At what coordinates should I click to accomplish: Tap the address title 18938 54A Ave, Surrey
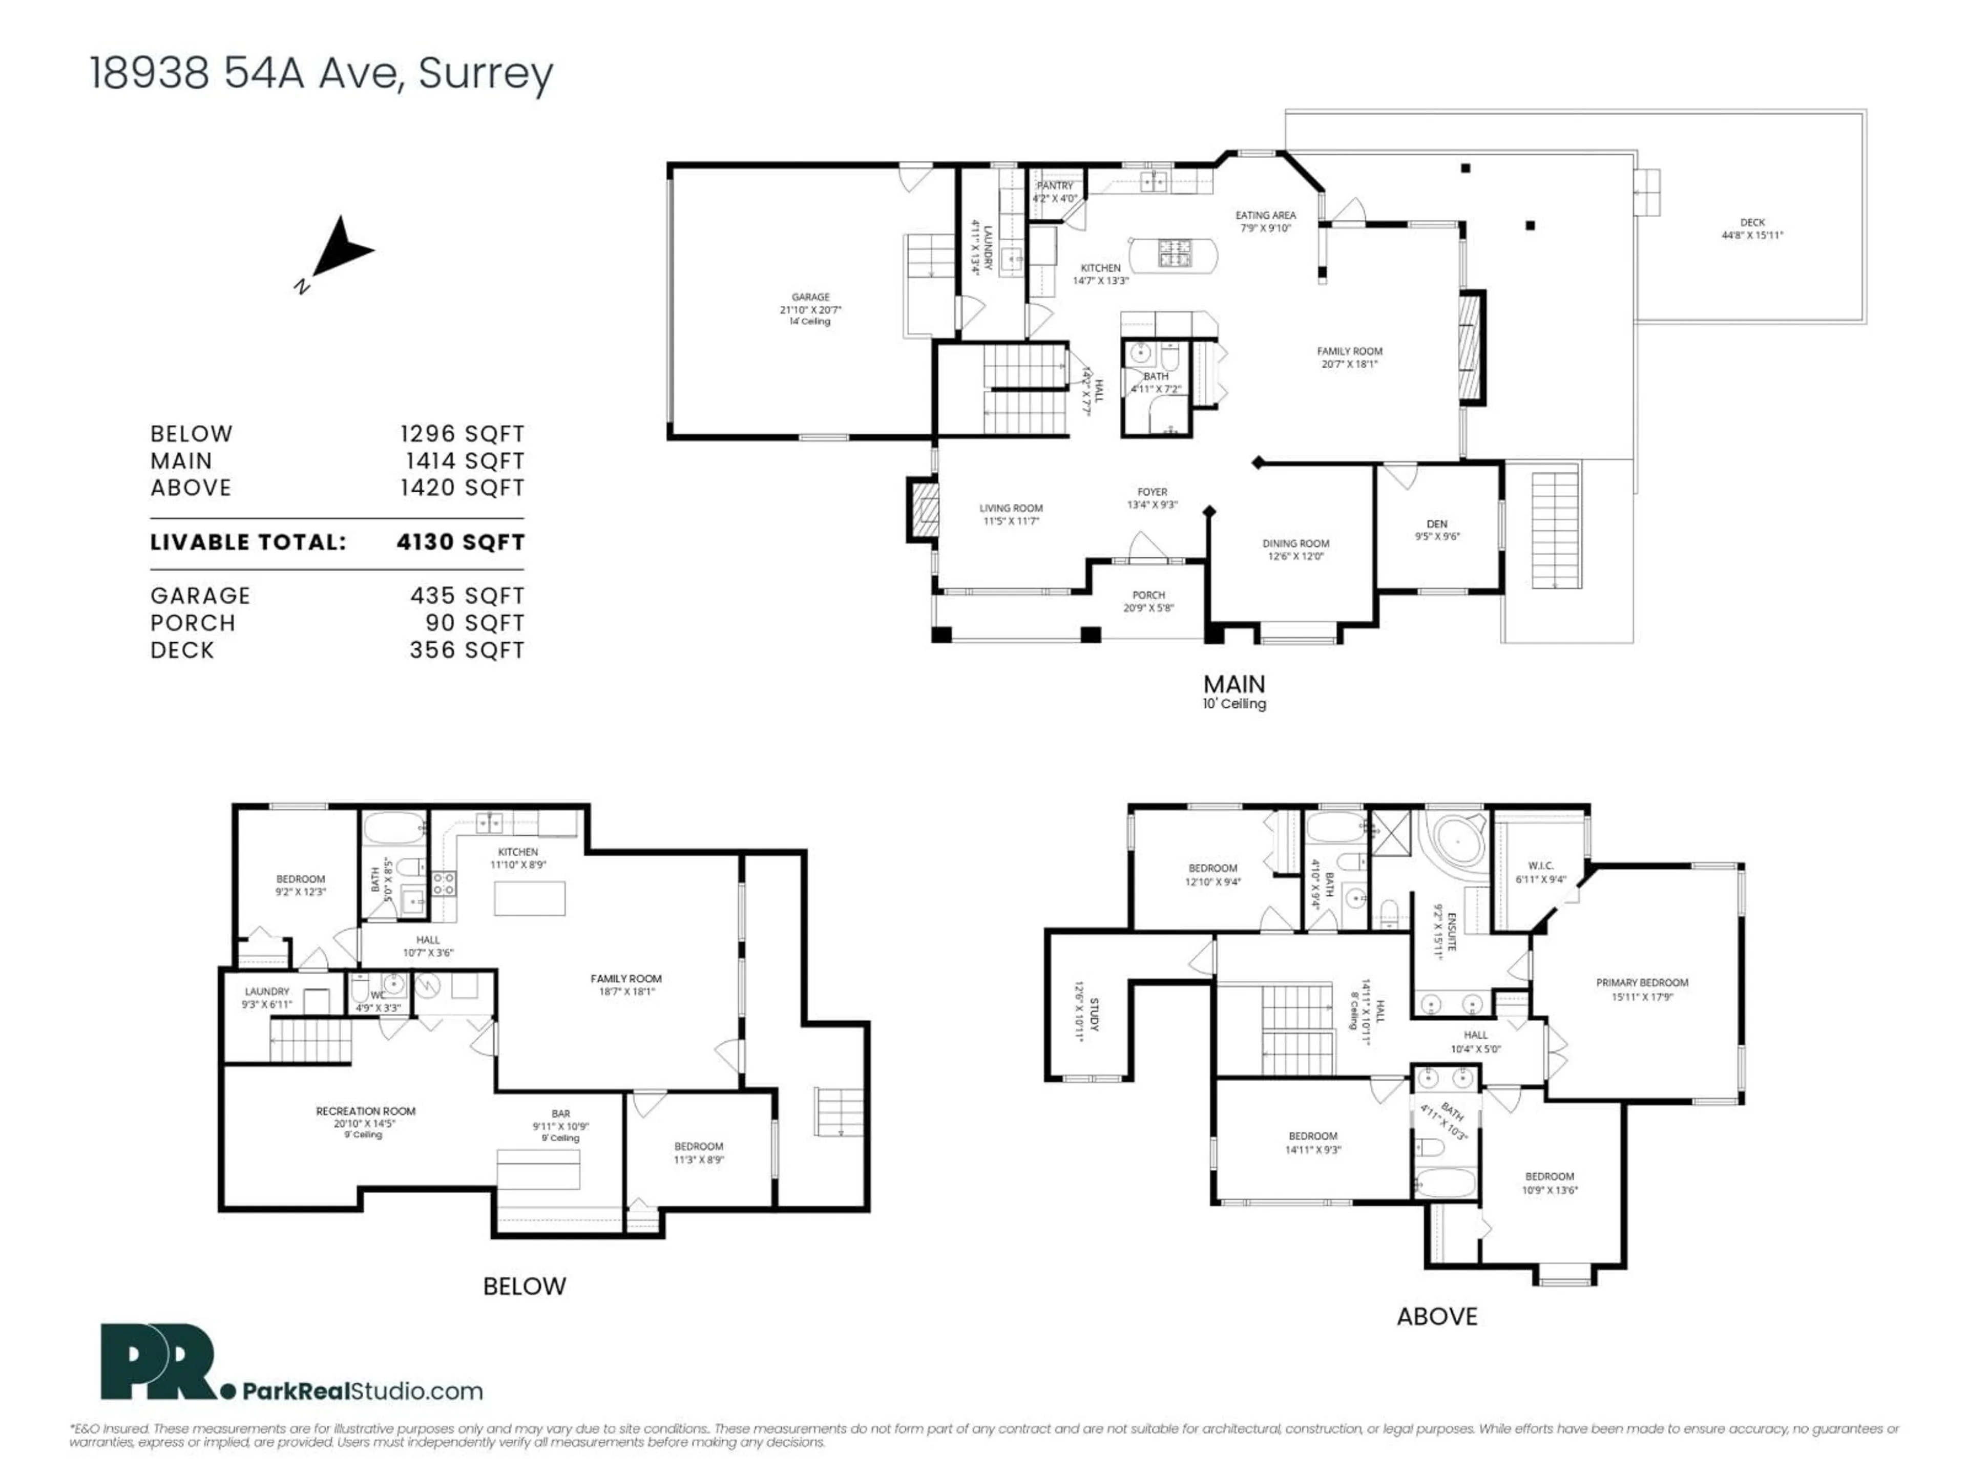click(x=321, y=73)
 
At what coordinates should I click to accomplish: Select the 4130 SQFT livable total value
click(x=461, y=542)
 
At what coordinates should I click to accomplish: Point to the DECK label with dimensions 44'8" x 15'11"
click(x=1752, y=223)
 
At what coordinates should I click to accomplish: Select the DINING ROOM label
click(x=1295, y=543)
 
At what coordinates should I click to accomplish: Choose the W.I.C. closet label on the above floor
click(x=1540, y=866)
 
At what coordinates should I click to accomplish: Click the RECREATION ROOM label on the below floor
click(x=365, y=1111)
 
